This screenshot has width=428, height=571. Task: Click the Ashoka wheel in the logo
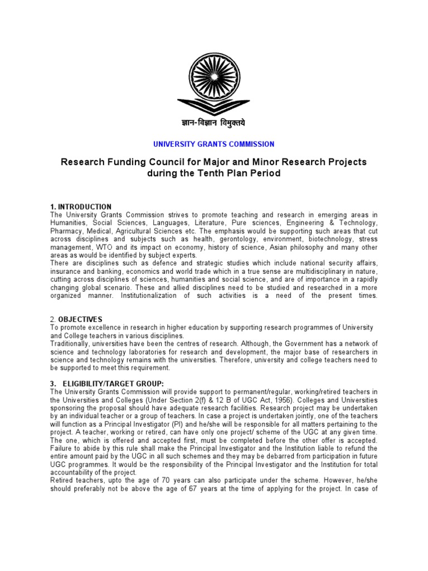213,75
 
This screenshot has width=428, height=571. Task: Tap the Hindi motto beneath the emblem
213,123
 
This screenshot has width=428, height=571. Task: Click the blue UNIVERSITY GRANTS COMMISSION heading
213,144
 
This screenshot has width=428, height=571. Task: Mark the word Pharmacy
66,230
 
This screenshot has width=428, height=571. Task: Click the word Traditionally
71,343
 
